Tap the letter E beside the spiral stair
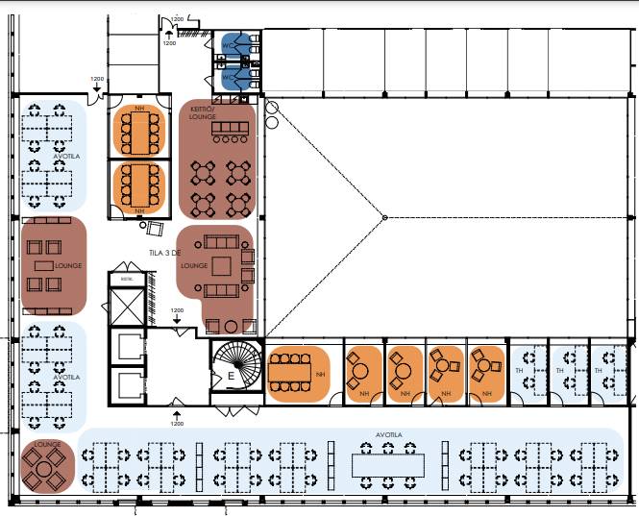coord(230,378)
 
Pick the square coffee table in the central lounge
coord(223,265)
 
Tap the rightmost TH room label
coord(599,370)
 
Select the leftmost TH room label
coord(518,370)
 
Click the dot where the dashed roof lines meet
coord(384,218)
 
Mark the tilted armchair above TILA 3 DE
coord(156,229)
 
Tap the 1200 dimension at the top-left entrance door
coord(96,79)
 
